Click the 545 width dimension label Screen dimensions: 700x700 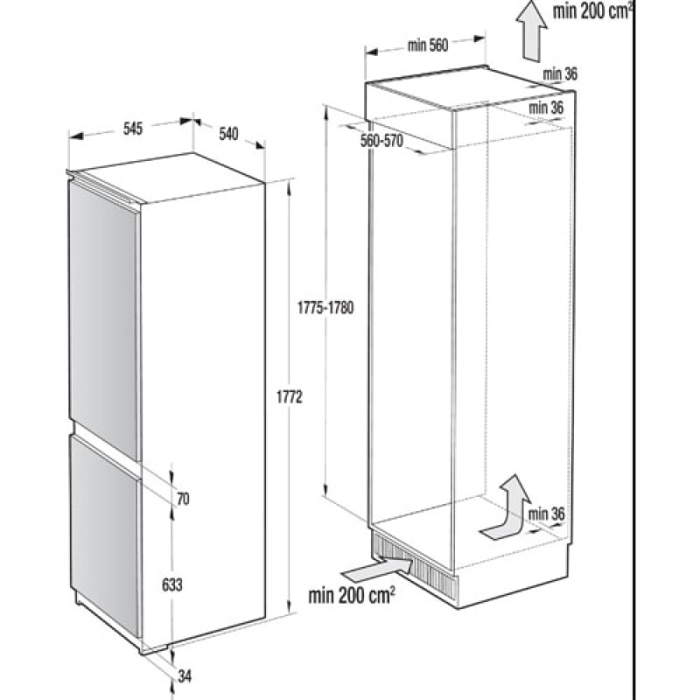[133, 129]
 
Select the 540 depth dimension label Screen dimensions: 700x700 [228, 134]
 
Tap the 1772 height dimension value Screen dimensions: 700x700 [290, 397]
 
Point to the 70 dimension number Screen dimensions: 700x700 [183, 499]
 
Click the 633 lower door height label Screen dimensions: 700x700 [171, 584]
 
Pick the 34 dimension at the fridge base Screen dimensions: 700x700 [185, 675]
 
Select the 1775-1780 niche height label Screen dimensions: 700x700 [325, 308]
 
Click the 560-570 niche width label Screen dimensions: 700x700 [381, 141]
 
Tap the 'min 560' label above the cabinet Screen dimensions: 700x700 [428, 45]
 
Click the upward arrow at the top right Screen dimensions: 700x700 [531, 31]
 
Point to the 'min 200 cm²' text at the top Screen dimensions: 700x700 [592, 11]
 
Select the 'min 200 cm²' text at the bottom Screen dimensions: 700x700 [352, 595]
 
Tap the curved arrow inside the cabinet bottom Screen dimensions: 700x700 [509, 514]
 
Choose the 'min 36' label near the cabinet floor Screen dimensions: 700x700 [546, 514]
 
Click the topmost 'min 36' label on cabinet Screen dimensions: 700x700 [560, 74]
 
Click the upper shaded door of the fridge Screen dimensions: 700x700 [105, 319]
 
